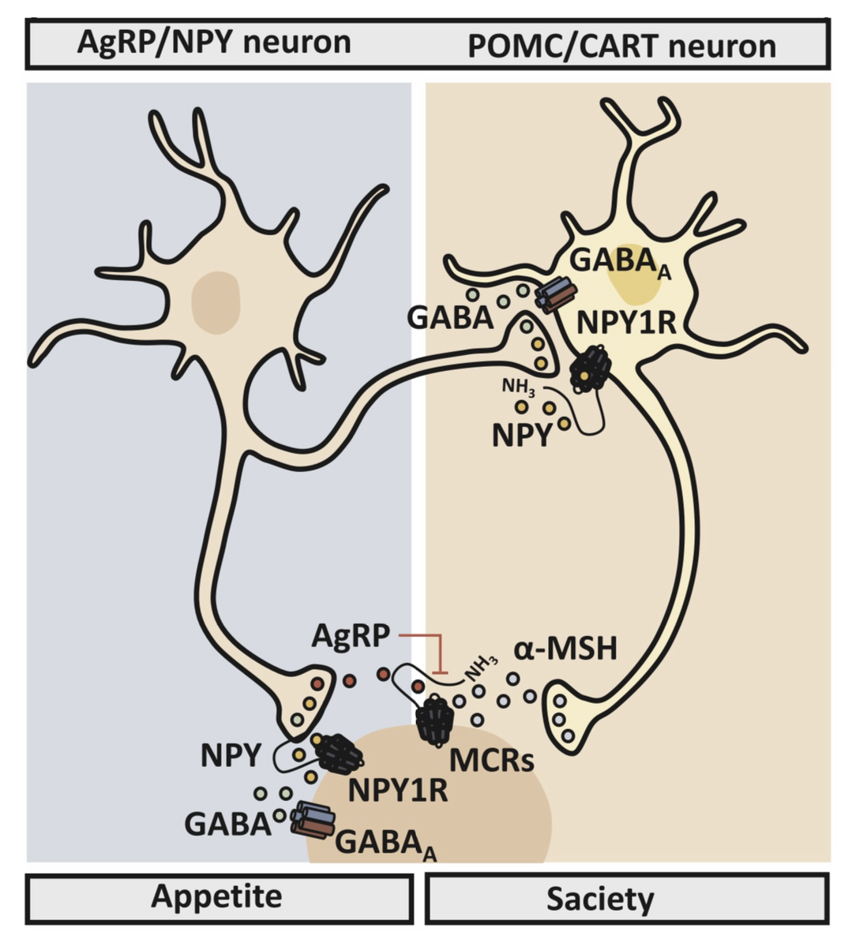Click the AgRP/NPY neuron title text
214,43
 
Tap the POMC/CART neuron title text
621,46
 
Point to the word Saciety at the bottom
600,899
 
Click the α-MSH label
565,650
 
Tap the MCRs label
492,760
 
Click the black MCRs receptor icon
435,720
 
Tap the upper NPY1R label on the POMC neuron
626,323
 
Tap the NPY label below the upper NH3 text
520,436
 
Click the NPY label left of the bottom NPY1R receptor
230,755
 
